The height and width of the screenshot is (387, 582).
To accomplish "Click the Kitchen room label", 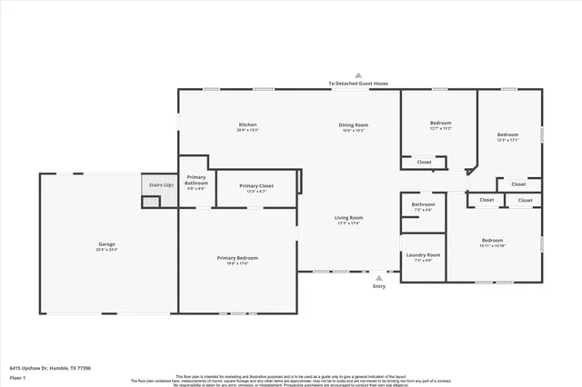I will tap(247, 124).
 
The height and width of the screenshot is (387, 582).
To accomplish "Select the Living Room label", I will tap(349, 217).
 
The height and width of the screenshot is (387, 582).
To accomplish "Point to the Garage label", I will tap(106, 244).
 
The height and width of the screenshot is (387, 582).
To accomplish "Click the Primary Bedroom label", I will tap(236, 258).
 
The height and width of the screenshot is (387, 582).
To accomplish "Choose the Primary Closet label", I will tap(255, 185).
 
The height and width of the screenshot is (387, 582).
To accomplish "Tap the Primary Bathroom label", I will tap(196, 181).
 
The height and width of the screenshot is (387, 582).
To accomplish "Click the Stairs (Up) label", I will tap(161, 184).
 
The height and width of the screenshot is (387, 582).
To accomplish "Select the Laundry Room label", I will tap(423, 254).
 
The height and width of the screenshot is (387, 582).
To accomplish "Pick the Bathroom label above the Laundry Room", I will tap(423, 204).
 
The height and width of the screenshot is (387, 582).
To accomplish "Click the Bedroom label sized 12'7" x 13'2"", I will tap(440, 123).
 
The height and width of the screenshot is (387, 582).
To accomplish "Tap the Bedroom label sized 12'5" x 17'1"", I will tap(507, 134).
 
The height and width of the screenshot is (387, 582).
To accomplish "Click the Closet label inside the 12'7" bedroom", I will tap(424, 163).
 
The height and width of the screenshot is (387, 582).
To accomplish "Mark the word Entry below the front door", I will tap(379, 287).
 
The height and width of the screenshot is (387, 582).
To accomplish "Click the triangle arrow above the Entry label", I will tap(379, 278).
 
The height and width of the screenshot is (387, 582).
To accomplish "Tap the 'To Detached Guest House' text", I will tap(358, 84).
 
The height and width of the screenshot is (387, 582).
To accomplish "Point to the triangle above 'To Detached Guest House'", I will tap(358, 75).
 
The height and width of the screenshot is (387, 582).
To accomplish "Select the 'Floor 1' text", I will tap(18, 376).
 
